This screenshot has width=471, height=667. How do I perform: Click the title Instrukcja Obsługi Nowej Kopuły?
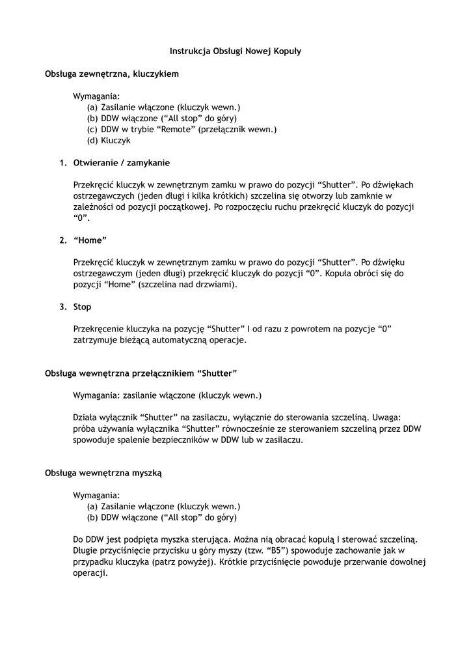coord(235,50)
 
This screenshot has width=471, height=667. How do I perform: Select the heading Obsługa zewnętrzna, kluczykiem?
coord(111,74)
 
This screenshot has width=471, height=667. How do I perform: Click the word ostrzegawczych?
coord(103,196)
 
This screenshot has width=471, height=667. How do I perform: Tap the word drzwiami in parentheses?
coord(218,285)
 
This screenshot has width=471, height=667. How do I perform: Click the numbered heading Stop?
coord(82,307)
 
